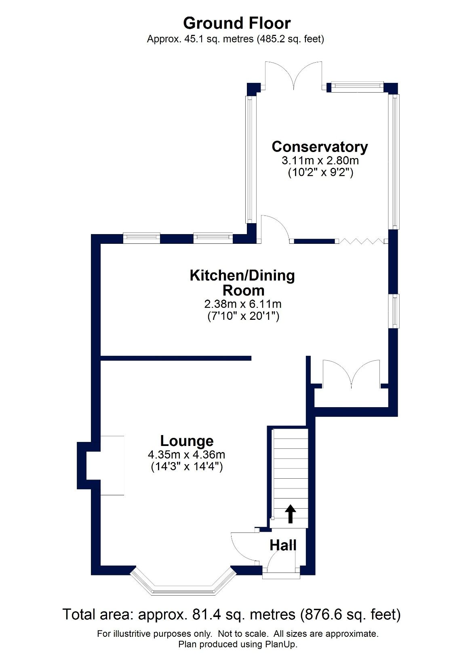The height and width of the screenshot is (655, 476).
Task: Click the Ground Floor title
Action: pos(237,23)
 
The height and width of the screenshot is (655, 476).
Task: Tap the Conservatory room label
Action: pos(320,146)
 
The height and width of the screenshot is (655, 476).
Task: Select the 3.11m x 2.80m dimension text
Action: pos(320,160)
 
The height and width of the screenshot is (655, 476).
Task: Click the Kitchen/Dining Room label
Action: pos(242,282)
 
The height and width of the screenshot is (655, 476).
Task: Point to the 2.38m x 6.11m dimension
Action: pos(243,304)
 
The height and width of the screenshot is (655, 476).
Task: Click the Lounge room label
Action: pos(187,441)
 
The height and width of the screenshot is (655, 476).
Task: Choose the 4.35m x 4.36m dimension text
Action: pos(187,454)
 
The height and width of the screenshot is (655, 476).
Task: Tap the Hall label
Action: pos(283,545)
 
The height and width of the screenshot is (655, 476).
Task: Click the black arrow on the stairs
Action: pos(290,514)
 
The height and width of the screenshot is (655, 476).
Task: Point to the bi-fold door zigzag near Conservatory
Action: pos(360,241)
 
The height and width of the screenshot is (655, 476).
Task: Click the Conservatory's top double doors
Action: pos(294,75)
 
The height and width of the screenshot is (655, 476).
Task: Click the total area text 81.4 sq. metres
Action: pos(231,615)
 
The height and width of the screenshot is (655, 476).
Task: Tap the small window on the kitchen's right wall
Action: pos(394,311)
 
